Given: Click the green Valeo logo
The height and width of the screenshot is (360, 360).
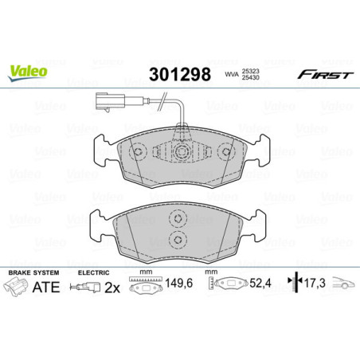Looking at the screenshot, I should (x=28, y=70).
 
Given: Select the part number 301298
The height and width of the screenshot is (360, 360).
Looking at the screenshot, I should (x=179, y=75).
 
